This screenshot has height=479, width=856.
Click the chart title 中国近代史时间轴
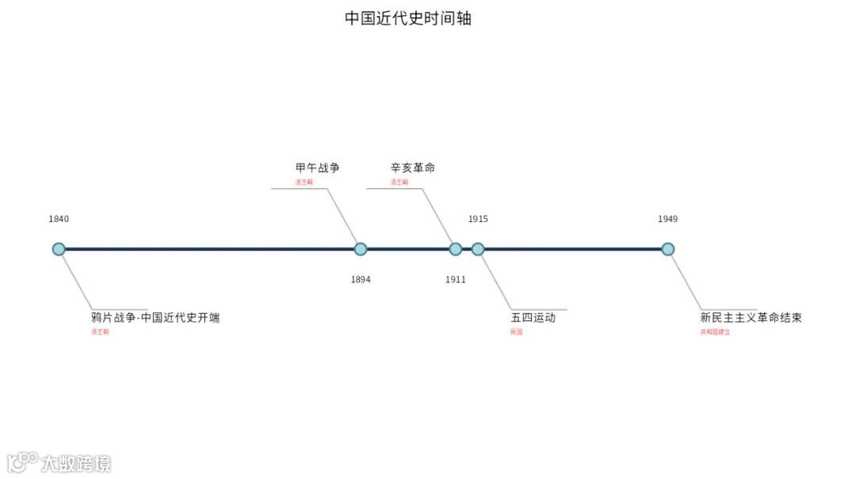(x=407, y=18)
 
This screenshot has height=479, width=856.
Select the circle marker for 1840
(x=59, y=249)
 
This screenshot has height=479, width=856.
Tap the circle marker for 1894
(x=361, y=249)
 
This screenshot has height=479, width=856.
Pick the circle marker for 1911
(x=456, y=249)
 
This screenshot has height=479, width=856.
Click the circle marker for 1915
(x=478, y=249)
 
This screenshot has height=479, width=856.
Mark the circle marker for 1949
(x=668, y=249)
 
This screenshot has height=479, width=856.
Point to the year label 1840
(x=59, y=219)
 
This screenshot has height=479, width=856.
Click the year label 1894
(x=361, y=279)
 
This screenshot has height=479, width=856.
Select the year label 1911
(x=456, y=279)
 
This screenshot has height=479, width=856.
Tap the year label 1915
(x=478, y=219)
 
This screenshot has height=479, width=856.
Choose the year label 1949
(x=668, y=219)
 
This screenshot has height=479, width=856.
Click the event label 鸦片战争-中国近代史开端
(x=155, y=318)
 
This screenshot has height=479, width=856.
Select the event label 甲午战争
(x=318, y=168)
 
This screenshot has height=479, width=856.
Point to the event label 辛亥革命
(x=413, y=168)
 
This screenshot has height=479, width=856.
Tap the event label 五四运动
(x=533, y=318)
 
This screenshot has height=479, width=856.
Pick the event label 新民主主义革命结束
(x=751, y=318)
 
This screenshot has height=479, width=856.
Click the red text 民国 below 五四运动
(x=517, y=332)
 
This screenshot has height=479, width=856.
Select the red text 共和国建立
(x=715, y=332)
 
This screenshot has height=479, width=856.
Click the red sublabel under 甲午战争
(x=304, y=182)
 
